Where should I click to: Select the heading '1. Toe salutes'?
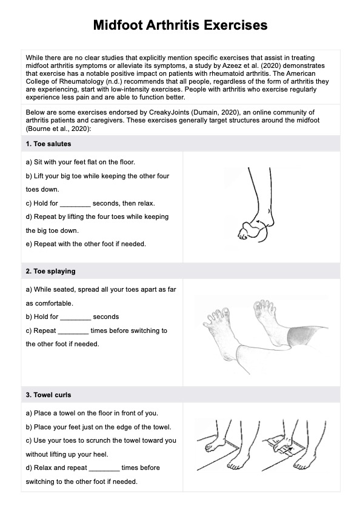tap(48, 144)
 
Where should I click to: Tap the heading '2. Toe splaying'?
tap(51, 271)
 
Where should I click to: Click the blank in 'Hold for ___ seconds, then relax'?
tap(75, 204)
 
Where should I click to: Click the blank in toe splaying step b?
tap(75, 317)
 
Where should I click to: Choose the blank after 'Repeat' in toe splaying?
tap(73, 331)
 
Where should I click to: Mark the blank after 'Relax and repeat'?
tap(104, 468)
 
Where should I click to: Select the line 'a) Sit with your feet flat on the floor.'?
tap(81, 162)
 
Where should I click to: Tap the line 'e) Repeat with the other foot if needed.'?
tap(86, 244)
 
